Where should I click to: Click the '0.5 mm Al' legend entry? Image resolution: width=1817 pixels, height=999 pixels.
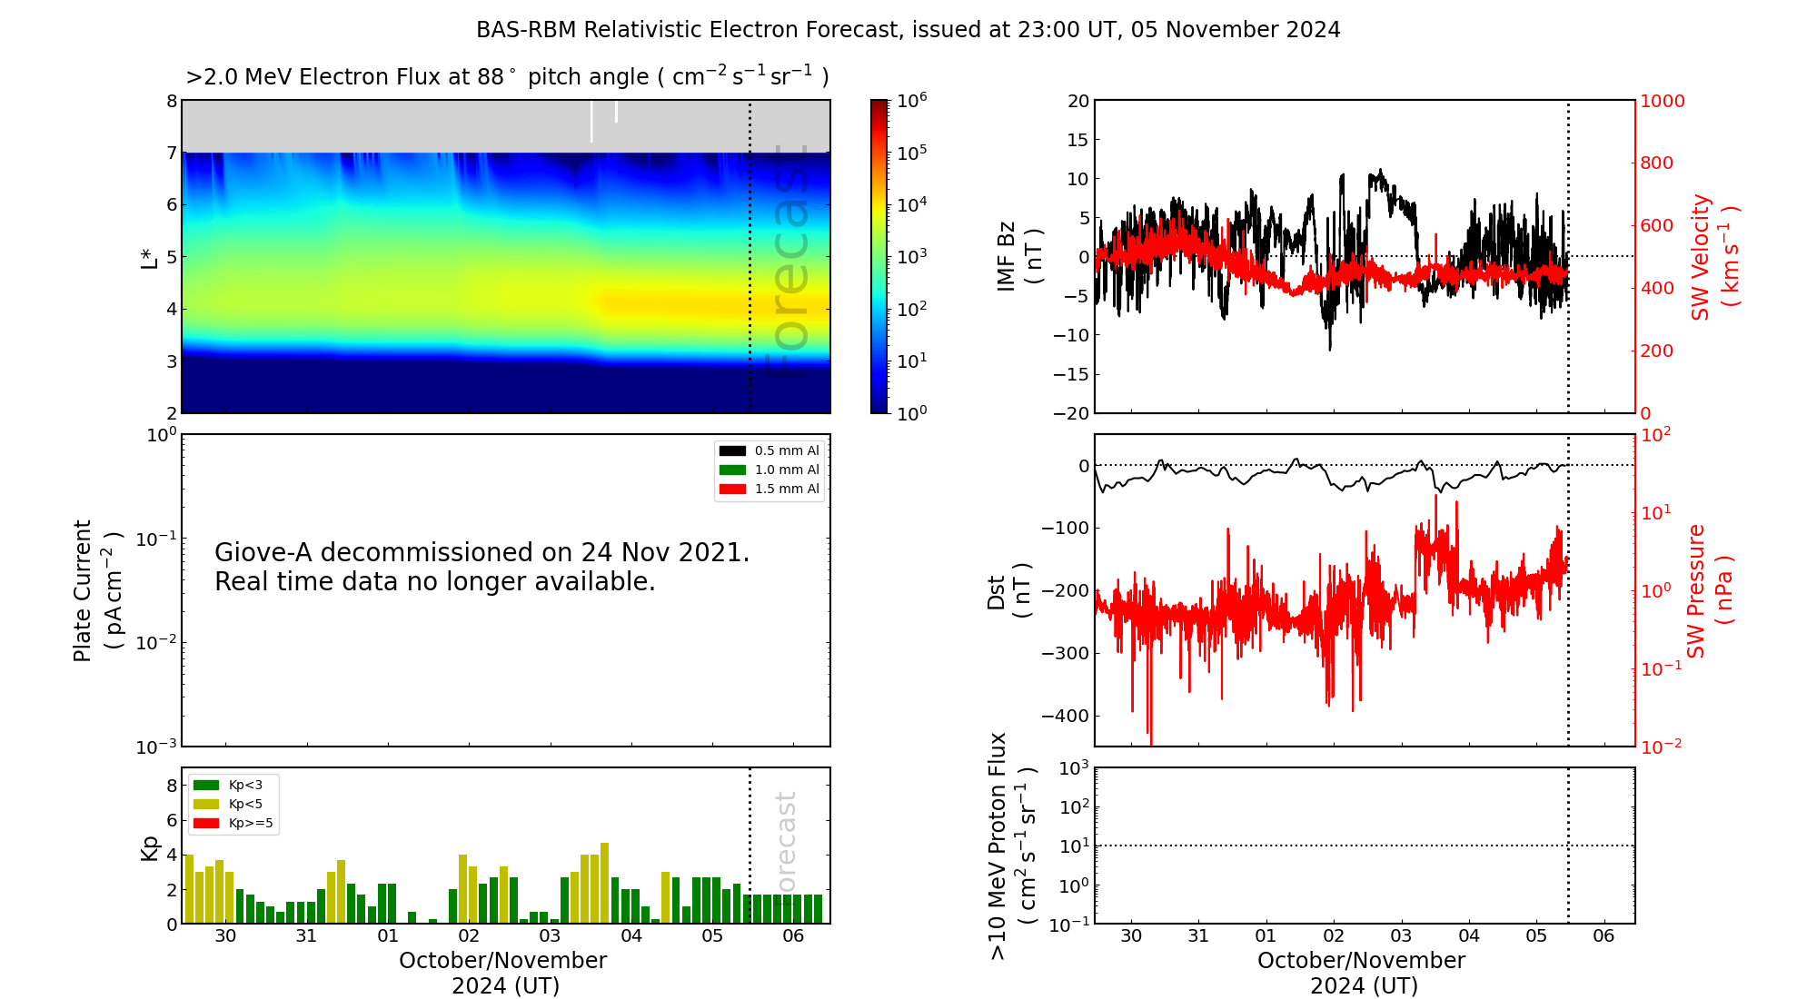pyautogui.click(x=786, y=450)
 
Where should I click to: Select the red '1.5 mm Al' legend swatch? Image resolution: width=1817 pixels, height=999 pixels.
pyautogui.click(x=732, y=489)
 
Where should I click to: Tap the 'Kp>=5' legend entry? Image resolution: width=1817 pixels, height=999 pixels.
pyautogui.click(x=250, y=824)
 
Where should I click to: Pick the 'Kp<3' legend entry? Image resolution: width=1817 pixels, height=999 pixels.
pyautogui.click(x=245, y=785)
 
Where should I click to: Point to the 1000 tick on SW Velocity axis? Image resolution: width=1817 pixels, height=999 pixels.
pyautogui.click(x=1662, y=102)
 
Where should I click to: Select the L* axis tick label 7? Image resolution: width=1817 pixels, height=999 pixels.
pyautogui.click(x=171, y=153)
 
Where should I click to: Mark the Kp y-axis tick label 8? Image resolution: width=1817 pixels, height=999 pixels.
pyautogui.click(x=171, y=786)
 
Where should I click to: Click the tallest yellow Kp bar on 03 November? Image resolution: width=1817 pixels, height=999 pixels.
pyautogui.click(x=604, y=883)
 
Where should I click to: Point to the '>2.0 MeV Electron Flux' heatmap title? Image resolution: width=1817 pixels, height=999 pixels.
pyautogui.click(x=507, y=77)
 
